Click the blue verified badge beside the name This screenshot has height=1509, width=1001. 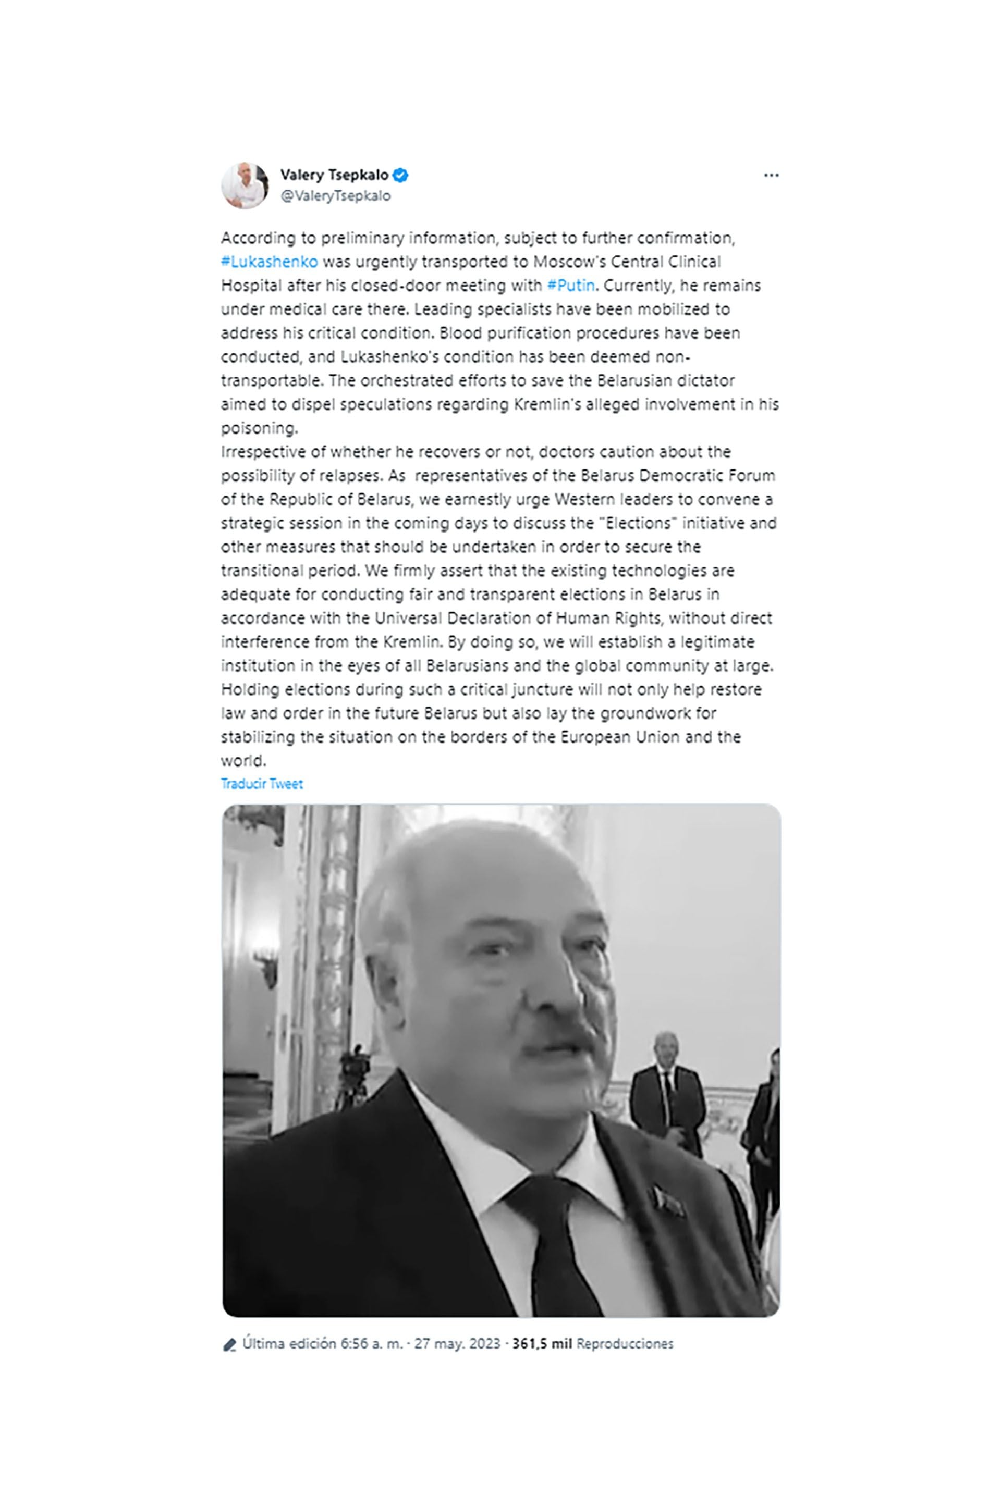pyautogui.click(x=400, y=175)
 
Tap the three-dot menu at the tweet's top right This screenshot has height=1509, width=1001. pyautogui.click(x=771, y=176)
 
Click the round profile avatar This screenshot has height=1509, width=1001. pyautogui.click(x=245, y=185)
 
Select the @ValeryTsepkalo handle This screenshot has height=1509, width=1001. pyautogui.click(x=336, y=196)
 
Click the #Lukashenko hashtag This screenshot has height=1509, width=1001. pyautogui.click(x=269, y=262)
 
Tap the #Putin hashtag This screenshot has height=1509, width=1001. pyautogui.click(x=571, y=285)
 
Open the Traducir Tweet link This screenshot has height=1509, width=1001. pyautogui.click(x=262, y=784)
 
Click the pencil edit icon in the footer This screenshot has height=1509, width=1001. pyautogui.click(x=229, y=1345)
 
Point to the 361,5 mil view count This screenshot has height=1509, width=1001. pyautogui.click(x=541, y=1344)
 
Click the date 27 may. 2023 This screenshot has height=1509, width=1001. pyautogui.click(x=457, y=1344)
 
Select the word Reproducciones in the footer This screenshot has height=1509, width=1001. pyautogui.click(x=625, y=1344)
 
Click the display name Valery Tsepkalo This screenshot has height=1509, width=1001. pyautogui.click(x=334, y=175)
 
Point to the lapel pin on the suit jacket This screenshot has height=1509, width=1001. pyautogui.click(x=666, y=1200)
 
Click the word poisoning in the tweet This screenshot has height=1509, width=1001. pyautogui.click(x=259, y=428)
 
